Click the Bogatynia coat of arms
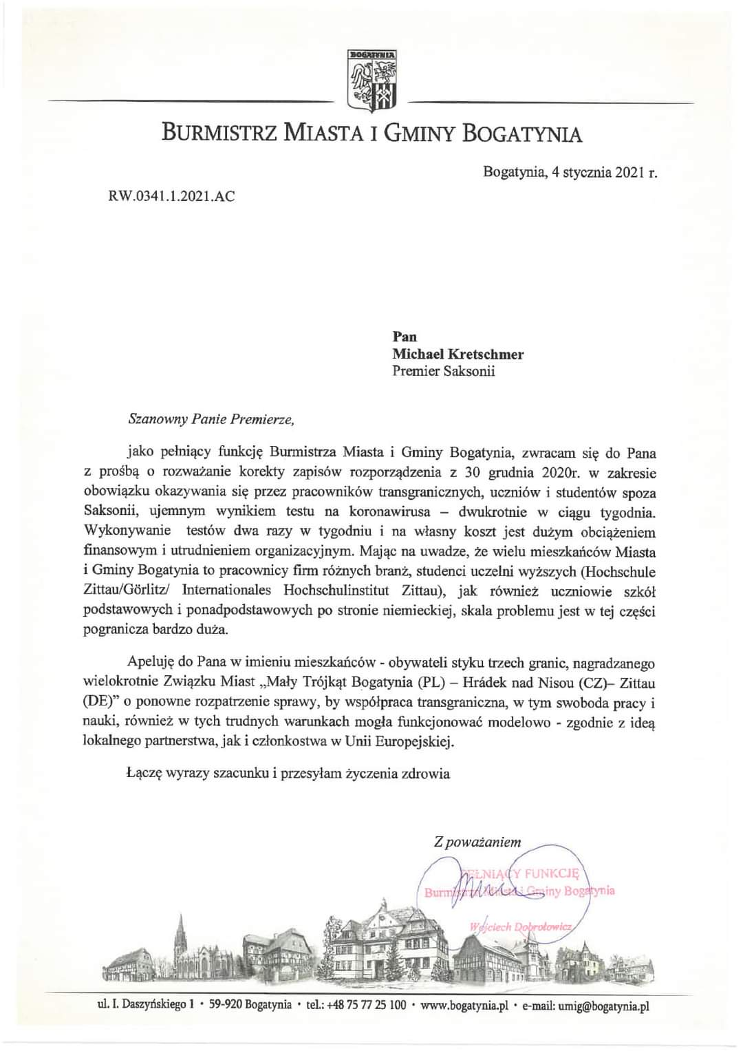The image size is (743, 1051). click(372, 80)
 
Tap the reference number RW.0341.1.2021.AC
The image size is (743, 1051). click(171, 196)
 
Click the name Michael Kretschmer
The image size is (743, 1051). click(457, 354)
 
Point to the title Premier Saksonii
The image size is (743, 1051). click(443, 372)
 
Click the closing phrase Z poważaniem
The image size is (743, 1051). click(477, 842)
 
